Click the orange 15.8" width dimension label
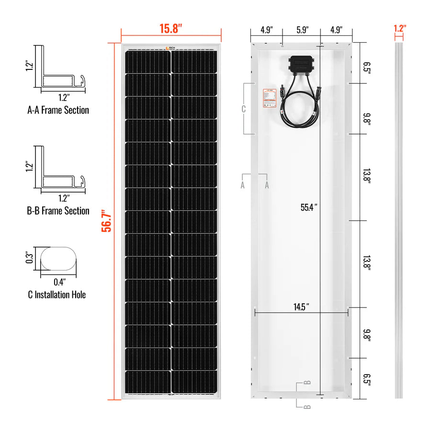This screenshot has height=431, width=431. tap(171, 28)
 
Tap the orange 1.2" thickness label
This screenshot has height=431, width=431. tap(399, 28)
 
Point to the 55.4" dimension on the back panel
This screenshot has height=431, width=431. tap(309, 207)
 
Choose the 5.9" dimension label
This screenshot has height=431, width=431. tap(301, 29)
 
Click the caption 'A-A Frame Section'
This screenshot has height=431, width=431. tap(58, 110)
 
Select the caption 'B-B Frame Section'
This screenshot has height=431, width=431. tap(58, 211)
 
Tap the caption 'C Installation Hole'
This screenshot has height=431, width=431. tap(57, 295)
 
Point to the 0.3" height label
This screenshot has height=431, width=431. tap(30, 258)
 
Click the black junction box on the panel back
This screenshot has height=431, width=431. tap(301, 65)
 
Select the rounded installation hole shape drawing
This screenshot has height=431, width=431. tap(58, 259)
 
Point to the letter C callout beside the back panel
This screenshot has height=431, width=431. tap(243, 109)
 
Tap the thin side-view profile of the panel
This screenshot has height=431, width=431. tap(399, 220)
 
